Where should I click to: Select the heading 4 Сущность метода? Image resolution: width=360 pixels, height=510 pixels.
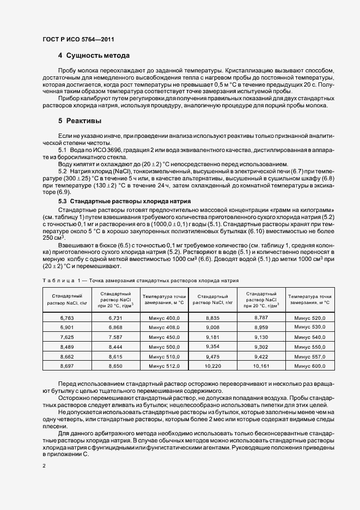(94, 56)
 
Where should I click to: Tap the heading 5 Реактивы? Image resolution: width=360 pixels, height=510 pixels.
(80, 120)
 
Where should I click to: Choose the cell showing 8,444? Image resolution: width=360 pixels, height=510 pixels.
(115, 347)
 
